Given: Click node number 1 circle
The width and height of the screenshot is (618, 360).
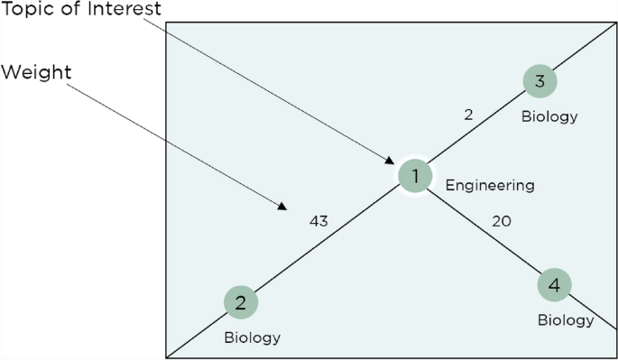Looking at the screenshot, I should coord(415,176).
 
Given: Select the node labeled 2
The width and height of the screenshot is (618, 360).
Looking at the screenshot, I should coord(241,303).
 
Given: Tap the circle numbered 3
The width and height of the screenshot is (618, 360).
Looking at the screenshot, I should coord(540,82).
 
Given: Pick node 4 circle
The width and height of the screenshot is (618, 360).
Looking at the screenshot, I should coord(554,286).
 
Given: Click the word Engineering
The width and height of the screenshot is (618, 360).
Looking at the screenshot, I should coord(490,186).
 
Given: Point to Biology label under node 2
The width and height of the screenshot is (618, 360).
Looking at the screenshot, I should coord(253,338).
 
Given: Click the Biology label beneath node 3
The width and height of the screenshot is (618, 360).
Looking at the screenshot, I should coord(549,116).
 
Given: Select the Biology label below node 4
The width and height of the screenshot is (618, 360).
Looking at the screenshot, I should coord(566,320).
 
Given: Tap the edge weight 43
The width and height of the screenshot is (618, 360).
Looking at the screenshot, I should coord(318,220).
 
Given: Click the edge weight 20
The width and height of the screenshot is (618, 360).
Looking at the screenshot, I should coord(503,220).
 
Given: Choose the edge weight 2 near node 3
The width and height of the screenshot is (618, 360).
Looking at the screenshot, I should coord(468,115).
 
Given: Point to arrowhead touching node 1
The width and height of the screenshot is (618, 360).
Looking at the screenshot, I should coord(391,161).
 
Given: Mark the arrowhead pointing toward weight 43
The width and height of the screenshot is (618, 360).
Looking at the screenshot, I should coord(282,206).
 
